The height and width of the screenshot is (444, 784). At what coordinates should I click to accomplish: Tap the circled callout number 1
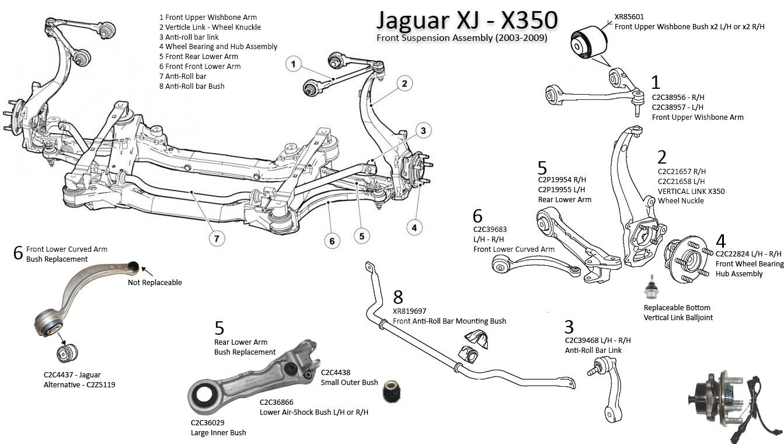(x=294, y=63)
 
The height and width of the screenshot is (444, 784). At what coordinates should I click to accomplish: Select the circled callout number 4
(x=414, y=227)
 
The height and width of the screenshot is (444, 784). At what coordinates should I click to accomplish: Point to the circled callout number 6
(x=332, y=241)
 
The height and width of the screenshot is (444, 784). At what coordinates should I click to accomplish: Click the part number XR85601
(x=629, y=17)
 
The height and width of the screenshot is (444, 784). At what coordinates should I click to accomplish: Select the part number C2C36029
(x=207, y=422)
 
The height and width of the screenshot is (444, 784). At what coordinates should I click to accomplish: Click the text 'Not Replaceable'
(x=155, y=283)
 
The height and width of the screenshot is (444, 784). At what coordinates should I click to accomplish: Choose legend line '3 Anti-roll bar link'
(x=192, y=37)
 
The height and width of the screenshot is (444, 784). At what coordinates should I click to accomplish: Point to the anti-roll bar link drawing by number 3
(x=605, y=388)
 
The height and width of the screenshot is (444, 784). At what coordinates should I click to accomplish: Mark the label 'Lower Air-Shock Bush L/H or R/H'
(x=314, y=412)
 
